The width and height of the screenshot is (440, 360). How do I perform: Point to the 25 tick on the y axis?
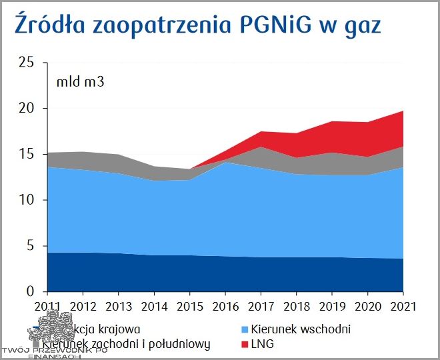(26, 62)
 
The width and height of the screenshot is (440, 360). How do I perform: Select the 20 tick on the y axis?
(26, 108)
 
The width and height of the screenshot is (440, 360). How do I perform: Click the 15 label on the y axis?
(26, 154)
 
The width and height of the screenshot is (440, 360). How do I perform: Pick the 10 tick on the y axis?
(26, 200)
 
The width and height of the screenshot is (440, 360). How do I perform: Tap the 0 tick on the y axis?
(30, 292)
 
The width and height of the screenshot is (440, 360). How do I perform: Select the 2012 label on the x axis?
(82, 307)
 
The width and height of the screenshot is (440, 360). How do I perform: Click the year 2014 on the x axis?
(153, 307)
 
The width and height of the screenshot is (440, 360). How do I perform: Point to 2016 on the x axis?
(225, 307)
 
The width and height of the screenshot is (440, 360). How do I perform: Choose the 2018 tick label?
(296, 307)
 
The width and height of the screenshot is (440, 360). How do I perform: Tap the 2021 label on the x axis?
(402, 307)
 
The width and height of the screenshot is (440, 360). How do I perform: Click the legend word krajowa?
(122, 329)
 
